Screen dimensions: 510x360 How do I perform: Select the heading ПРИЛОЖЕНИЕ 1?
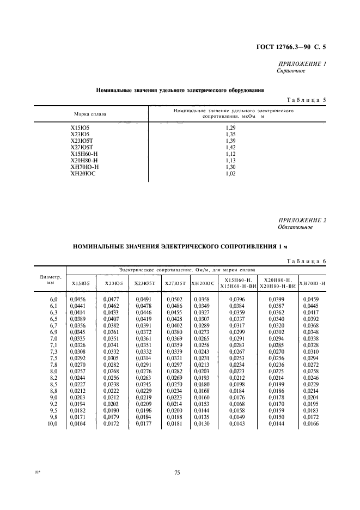click(302, 64)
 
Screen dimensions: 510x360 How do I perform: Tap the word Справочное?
click(291, 71)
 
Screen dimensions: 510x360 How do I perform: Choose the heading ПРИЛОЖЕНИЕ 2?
click(302, 220)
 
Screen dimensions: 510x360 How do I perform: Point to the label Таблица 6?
click(306, 262)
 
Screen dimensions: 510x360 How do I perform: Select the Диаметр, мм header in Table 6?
click(50, 280)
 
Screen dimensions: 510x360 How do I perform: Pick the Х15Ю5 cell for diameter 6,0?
click(78, 300)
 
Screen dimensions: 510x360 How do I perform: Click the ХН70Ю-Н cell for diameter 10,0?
click(312, 423)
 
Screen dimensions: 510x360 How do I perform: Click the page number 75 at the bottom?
click(177, 472)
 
